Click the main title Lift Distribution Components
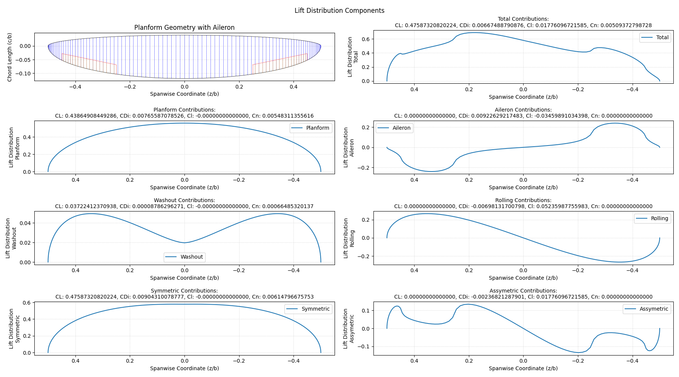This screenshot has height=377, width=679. (x=339, y=11)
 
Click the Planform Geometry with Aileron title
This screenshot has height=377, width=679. (x=184, y=28)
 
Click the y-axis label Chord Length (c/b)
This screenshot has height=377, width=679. (x=10, y=57)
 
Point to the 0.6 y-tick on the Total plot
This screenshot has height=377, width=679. (x=366, y=39)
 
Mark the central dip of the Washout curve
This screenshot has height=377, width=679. (x=184, y=242)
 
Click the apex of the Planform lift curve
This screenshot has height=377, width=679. (x=184, y=123)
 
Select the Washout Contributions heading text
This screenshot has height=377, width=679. (x=184, y=200)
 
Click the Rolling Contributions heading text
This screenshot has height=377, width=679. (x=523, y=200)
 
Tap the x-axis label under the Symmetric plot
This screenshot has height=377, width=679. (x=184, y=368)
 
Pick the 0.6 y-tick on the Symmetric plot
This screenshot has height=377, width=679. (x=26, y=303)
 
